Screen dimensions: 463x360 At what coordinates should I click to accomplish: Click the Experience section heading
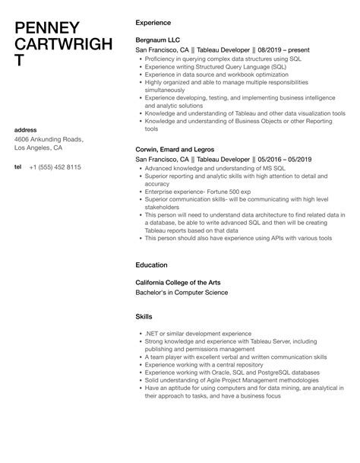[153, 23]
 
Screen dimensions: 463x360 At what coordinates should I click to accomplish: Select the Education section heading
[152, 265]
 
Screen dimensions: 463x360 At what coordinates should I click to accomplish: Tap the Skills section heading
[143, 316]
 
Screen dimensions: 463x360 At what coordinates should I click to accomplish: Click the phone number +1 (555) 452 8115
[56, 167]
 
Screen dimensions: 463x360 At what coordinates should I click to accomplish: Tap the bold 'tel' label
[17, 167]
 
